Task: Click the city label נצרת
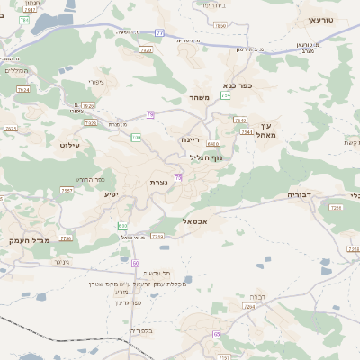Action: point(159,182)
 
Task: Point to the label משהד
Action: point(200,97)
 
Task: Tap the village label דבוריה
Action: point(299,194)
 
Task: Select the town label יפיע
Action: point(111,193)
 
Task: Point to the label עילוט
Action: point(70,145)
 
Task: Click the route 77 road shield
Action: point(160,32)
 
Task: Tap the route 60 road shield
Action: point(135,263)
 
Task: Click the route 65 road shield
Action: point(216,334)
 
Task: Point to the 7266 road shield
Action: point(336,208)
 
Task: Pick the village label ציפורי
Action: point(97,83)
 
